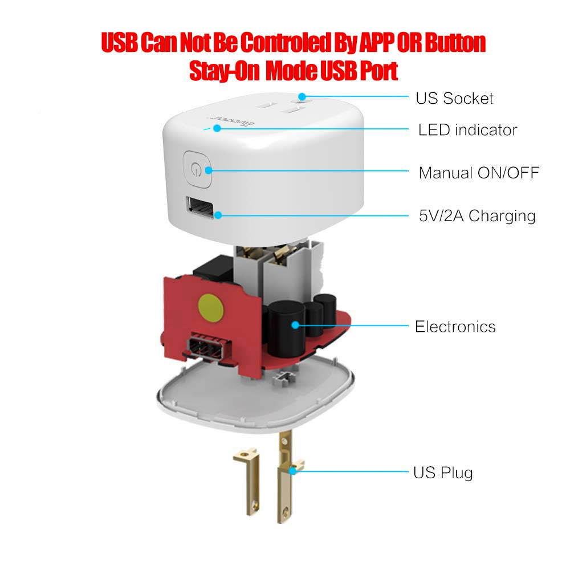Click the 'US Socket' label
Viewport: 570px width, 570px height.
(454, 98)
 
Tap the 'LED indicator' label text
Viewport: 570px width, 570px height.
(467, 130)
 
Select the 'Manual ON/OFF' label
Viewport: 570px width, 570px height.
(479, 173)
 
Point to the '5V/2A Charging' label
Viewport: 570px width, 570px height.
(477, 216)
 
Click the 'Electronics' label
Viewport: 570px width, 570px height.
(455, 327)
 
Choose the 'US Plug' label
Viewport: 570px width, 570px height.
(443, 473)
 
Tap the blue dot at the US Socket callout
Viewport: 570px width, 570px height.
(302, 97)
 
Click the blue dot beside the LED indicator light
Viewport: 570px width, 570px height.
(217, 128)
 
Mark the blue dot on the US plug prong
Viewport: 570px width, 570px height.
(292, 471)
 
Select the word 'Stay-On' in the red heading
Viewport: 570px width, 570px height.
(224, 71)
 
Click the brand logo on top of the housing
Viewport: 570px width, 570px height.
(231, 121)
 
